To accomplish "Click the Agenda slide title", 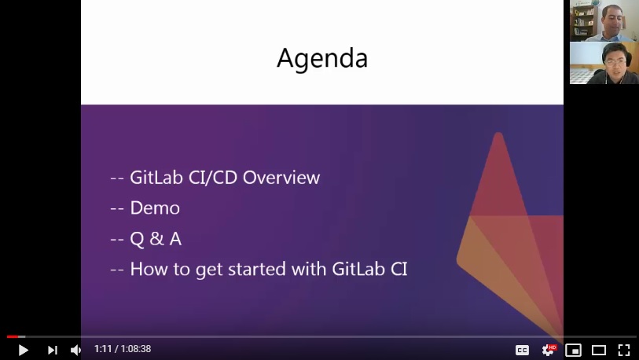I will click(x=321, y=58).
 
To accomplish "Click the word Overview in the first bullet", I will click(x=281, y=178).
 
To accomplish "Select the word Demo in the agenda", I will click(x=155, y=208).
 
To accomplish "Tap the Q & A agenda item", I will click(x=156, y=239).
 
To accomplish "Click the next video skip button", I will click(x=52, y=350).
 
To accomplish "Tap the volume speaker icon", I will click(x=75, y=350).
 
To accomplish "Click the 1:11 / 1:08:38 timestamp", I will click(x=122, y=349).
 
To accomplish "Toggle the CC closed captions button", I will click(x=522, y=350).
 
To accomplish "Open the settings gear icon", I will click(x=548, y=350).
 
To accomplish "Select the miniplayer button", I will click(x=573, y=350).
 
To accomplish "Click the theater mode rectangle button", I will click(x=598, y=350).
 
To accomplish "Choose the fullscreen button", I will click(x=623, y=350).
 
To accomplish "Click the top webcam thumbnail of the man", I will click(x=604, y=20).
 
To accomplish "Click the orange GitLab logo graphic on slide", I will click(x=503, y=236).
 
